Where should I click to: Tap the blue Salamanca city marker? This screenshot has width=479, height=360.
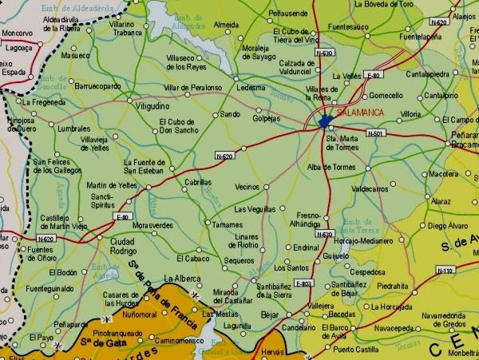[324, 122]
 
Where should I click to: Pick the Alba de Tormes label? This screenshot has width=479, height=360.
[331, 167]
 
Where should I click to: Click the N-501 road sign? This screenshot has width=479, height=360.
[378, 133]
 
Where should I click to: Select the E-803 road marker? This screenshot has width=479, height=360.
[303, 283]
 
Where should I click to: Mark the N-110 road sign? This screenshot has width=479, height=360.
[445, 271]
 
